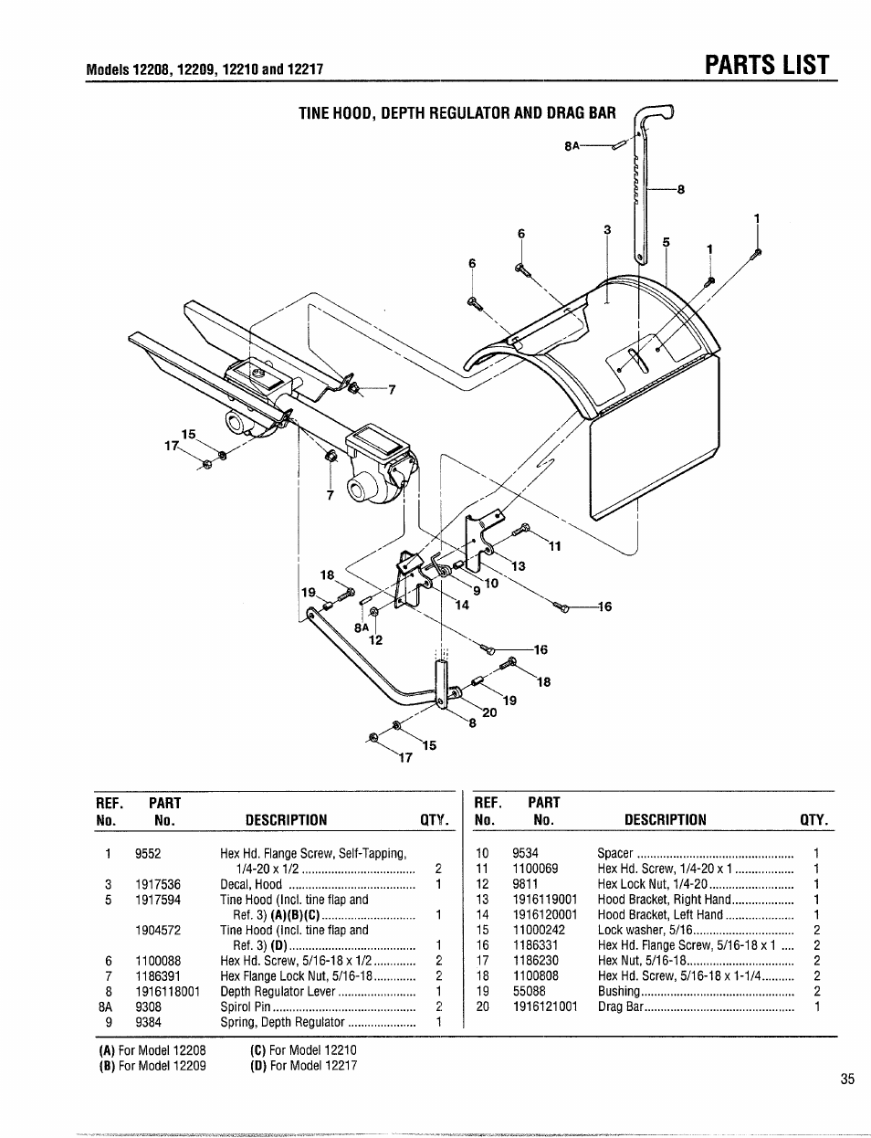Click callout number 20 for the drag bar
(488, 712)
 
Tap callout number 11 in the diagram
(554, 547)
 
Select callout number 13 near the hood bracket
(518, 566)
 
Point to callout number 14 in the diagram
(462, 605)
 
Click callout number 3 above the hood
(606, 230)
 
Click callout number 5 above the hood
(666, 243)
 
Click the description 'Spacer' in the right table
(614, 853)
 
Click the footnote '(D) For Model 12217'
(303, 1065)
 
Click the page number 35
(847, 1080)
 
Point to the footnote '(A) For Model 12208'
(152, 1050)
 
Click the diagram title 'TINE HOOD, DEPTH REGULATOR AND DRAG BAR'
(457, 113)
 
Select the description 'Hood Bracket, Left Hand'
(659, 914)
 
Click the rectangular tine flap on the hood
(655, 457)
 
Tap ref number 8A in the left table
(107, 1007)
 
